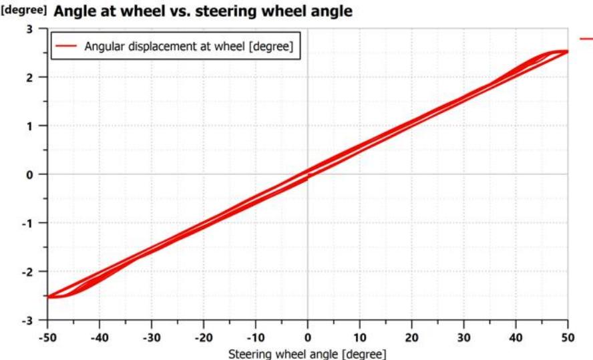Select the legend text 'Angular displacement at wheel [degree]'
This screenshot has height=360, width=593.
[188, 46]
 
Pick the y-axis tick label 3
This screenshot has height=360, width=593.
[29, 29]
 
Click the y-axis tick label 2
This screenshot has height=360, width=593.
[29, 77]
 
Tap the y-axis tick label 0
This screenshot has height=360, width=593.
[29, 174]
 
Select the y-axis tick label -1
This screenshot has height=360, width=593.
[27, 223]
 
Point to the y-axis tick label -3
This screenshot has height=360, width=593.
[27, 321]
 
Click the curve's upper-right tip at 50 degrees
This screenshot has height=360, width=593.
[567, 51]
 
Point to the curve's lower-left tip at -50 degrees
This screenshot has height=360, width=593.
[49, 297]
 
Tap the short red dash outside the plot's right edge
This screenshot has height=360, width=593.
[586, 39]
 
